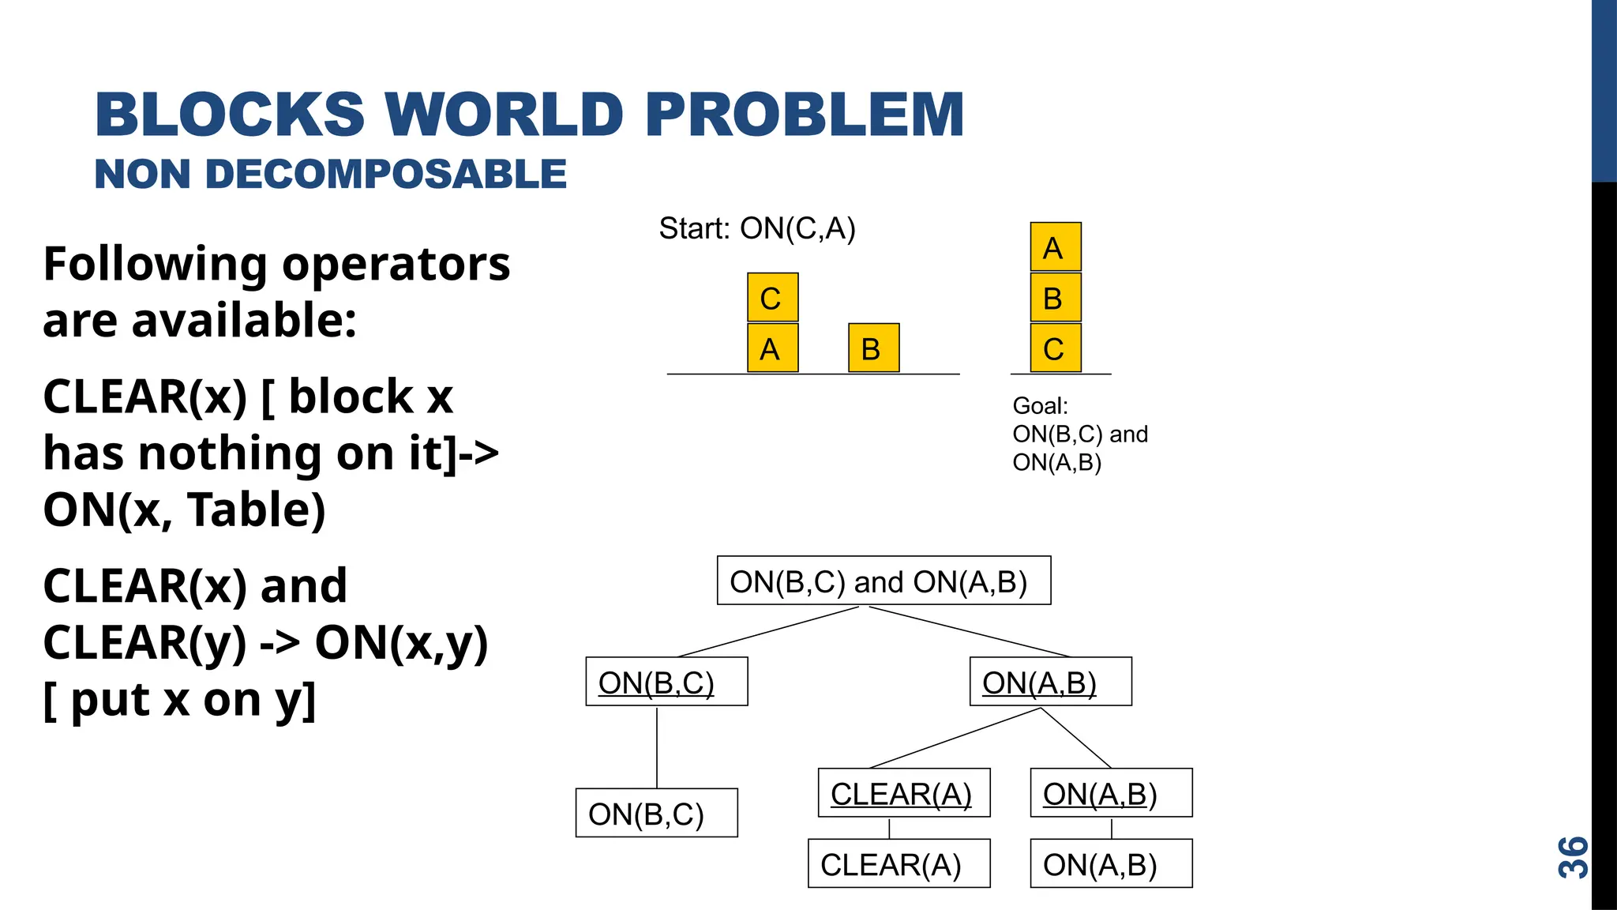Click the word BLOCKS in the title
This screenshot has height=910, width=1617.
(x=230, y=115)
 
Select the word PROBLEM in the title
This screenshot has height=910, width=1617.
(x=805, y=115)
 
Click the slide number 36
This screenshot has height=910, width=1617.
(x=1573, y=858)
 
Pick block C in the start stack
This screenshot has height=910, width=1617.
(x=772, y=299)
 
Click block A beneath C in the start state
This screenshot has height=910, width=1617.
(x=772, y=348)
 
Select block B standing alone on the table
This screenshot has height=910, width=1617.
(x=873, y=348)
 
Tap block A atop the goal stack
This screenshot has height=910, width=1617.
(x=1055, y=248)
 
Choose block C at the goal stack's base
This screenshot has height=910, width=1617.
(x=1055, y=348)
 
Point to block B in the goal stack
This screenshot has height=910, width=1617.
(x=1055, y=299)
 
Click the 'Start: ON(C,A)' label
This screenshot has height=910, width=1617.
(x=757, y=229)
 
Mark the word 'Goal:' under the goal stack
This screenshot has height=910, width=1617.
(x=1040, y=406)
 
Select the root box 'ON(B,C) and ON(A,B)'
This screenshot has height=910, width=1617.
(x=884, y=581)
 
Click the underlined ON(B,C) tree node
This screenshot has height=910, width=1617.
(x=666, y=682)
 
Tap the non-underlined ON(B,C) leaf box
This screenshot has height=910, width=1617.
(x=656, y=814)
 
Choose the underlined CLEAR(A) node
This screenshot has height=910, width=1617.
(x=903, y=793)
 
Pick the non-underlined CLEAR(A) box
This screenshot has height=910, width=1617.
(x=899, y=864)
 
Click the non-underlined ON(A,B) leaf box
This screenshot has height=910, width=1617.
(x=1111, y=864)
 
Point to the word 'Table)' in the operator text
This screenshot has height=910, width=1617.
(x=256, y=510)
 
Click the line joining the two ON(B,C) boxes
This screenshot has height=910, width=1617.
(x=657, y=747)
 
